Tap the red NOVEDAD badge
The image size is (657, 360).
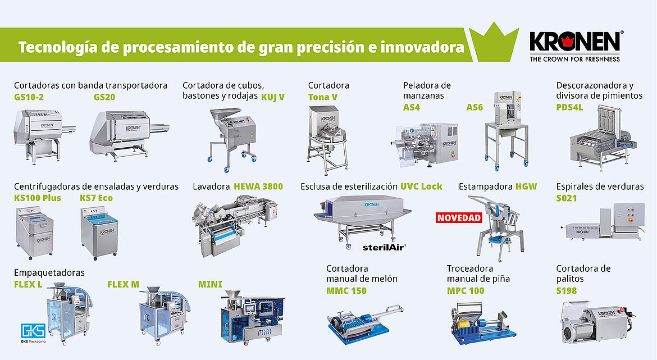pos(459,218)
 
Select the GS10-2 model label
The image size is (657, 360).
pos(29,97)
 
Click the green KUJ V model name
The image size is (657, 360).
pos(273,97)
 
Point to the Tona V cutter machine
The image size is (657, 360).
pos(328,140)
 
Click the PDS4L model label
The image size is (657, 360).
pos(569,107)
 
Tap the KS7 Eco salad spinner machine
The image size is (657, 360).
pos(99,232)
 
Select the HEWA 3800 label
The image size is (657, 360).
pos(258,186)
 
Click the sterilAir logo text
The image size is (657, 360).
pos(384,247)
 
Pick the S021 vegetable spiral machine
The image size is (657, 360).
pos(603,222)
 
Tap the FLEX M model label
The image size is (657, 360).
pos(123,285)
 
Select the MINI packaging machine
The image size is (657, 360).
pos(253,317)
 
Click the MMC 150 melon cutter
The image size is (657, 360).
pos(364,324)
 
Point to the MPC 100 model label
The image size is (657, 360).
pos(466,291)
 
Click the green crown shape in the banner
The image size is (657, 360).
pos(494,42)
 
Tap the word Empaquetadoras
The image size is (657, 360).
pos(49,273)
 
